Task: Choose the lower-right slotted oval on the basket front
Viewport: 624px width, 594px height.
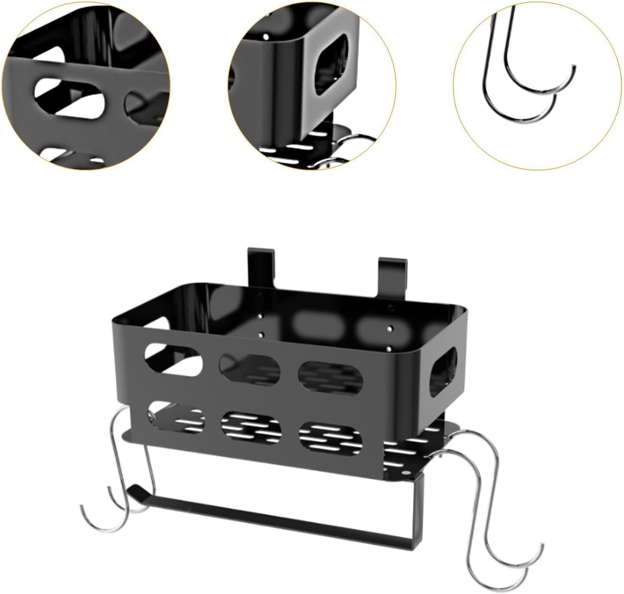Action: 330,436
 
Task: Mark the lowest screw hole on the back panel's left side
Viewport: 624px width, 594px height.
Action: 261,335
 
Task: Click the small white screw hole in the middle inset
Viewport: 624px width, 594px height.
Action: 266,38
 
